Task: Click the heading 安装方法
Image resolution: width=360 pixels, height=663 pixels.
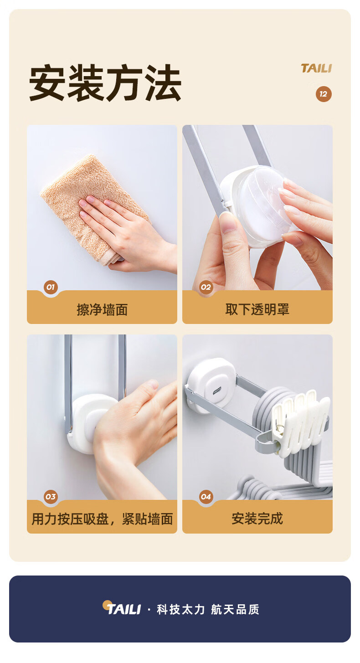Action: click(105, 83)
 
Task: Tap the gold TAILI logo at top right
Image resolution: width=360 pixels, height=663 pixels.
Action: click(316, 68)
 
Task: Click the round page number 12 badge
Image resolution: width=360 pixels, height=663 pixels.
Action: click(323, 94)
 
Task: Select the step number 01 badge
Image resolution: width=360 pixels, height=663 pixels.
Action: click(51, 287)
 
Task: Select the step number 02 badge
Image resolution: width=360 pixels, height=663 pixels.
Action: click(206, 287)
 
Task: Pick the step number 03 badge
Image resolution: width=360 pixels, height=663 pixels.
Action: click(51, 497)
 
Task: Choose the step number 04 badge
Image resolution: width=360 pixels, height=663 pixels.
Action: click(206, 497)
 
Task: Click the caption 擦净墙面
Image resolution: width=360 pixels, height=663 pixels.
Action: click(102, 309)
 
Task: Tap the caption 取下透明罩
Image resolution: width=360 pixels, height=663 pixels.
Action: click(257, 309)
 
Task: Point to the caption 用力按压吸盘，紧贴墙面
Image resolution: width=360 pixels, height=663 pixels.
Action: click(102, 519)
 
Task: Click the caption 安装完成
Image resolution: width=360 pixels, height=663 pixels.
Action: click(257, 519)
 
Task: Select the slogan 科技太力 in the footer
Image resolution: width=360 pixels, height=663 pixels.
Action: click(180, 609)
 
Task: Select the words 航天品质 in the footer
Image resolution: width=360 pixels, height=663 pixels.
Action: click(235, 609)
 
